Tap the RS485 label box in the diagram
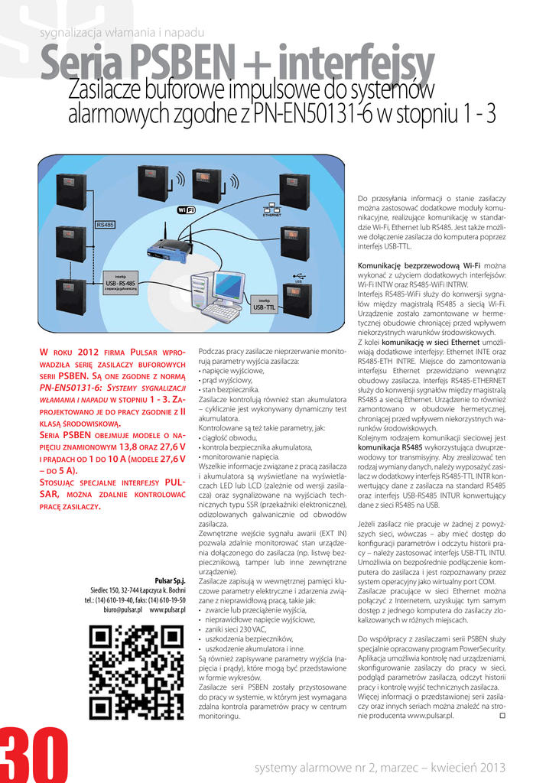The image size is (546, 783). [x=105, y=224]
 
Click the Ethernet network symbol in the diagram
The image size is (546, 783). [x=272, y=209]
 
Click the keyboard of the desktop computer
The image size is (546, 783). [x=222, y=312]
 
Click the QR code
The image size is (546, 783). [x=136, y=672]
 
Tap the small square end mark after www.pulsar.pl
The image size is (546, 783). [x=502, y=716]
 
